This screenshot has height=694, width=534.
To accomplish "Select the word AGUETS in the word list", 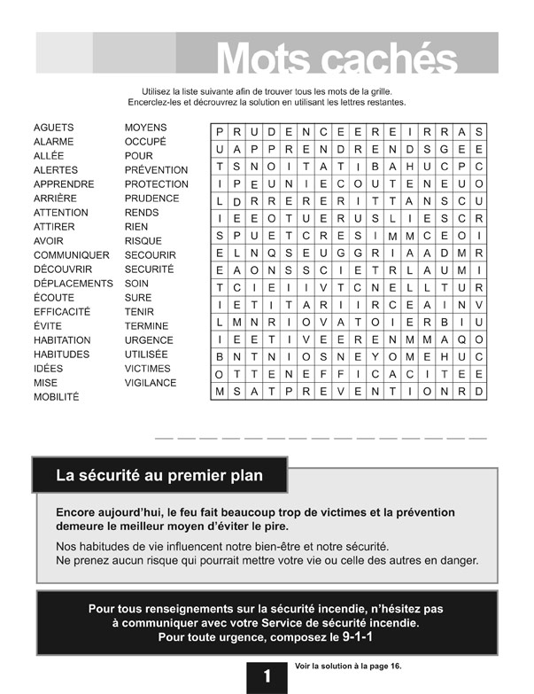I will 53,128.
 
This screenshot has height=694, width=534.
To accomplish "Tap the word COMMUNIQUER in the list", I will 71,255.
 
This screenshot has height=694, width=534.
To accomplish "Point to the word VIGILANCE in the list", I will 151,383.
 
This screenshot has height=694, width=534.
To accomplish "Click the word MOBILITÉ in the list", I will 56,397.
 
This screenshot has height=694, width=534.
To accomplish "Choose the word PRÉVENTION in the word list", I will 156,170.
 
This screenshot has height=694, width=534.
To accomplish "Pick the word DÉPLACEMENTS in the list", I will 74,284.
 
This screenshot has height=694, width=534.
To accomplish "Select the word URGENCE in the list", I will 149,340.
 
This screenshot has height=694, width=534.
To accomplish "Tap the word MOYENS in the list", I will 145,128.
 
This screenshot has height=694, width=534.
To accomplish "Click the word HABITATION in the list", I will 62,340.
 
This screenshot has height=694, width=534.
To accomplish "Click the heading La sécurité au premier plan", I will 159,476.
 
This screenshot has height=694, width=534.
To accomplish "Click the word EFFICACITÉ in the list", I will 62,312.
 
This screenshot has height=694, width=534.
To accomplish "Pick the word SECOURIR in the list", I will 150,255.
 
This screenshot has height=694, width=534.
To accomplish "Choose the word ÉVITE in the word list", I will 48,326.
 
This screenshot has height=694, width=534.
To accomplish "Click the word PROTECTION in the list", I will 157,184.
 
